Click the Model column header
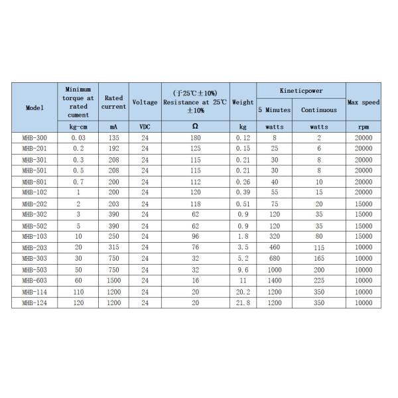34,107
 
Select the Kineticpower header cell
300,90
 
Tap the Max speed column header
363,102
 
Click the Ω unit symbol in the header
194,126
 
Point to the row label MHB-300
34,137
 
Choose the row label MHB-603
34,281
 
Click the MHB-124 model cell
34,303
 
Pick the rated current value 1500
113,281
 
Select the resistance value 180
194,137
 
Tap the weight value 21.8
243,303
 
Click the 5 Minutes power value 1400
275,281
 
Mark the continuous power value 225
318,281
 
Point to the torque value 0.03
78,137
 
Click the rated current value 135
113,137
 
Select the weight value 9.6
243,270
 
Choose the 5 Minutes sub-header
275,109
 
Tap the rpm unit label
363,126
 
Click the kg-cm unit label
78,126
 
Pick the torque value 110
78,292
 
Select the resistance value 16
194,281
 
